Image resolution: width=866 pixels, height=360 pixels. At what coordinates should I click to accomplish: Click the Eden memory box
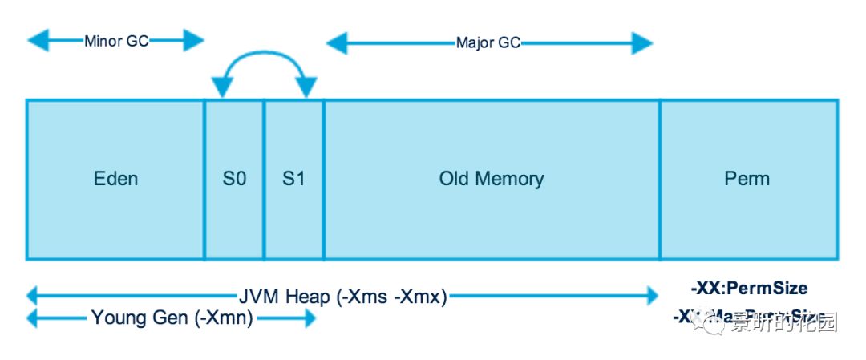coord(115,208)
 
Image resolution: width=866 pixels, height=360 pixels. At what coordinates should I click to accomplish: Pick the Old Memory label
coord(491,179)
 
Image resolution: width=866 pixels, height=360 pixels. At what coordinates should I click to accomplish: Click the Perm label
coord(747,179)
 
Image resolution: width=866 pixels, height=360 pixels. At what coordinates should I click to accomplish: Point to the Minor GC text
coord(116,41)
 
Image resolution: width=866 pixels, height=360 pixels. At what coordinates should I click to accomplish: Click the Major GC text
coord(488,42)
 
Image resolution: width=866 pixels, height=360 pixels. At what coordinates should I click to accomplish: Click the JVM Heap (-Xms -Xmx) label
coord(342,297)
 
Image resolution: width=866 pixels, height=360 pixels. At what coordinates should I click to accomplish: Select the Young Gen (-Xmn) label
coord(172,318)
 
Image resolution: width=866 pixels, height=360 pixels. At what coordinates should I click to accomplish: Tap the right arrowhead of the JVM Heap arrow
coord(649,297)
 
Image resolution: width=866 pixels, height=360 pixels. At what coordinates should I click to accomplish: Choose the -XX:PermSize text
coord(748,289)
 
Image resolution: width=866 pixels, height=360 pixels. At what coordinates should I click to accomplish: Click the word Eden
coord(115,179)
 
